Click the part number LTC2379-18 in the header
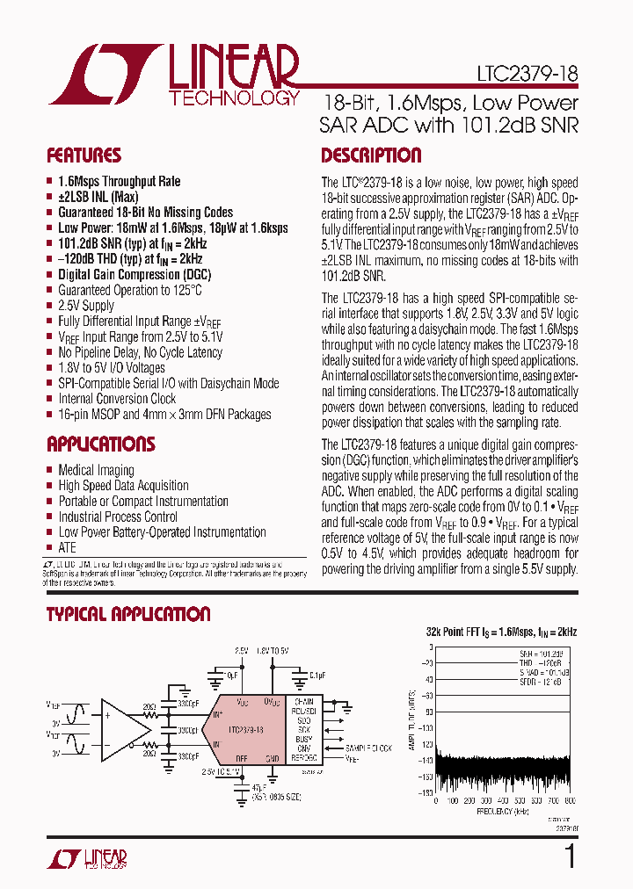coord(527,75)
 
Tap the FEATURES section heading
coord(84,155)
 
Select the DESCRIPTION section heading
coord(371,155)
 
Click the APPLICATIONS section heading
coord(100,444)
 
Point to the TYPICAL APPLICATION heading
coord(128,614)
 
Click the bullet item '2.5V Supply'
coord(86,305)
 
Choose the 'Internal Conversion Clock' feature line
coord(117,398)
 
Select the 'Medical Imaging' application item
coord(96,470)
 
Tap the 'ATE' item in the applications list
coord(67,547)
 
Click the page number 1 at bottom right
coord(569,856)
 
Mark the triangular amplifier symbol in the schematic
coord(123,730)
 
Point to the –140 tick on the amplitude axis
coord(426,761)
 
